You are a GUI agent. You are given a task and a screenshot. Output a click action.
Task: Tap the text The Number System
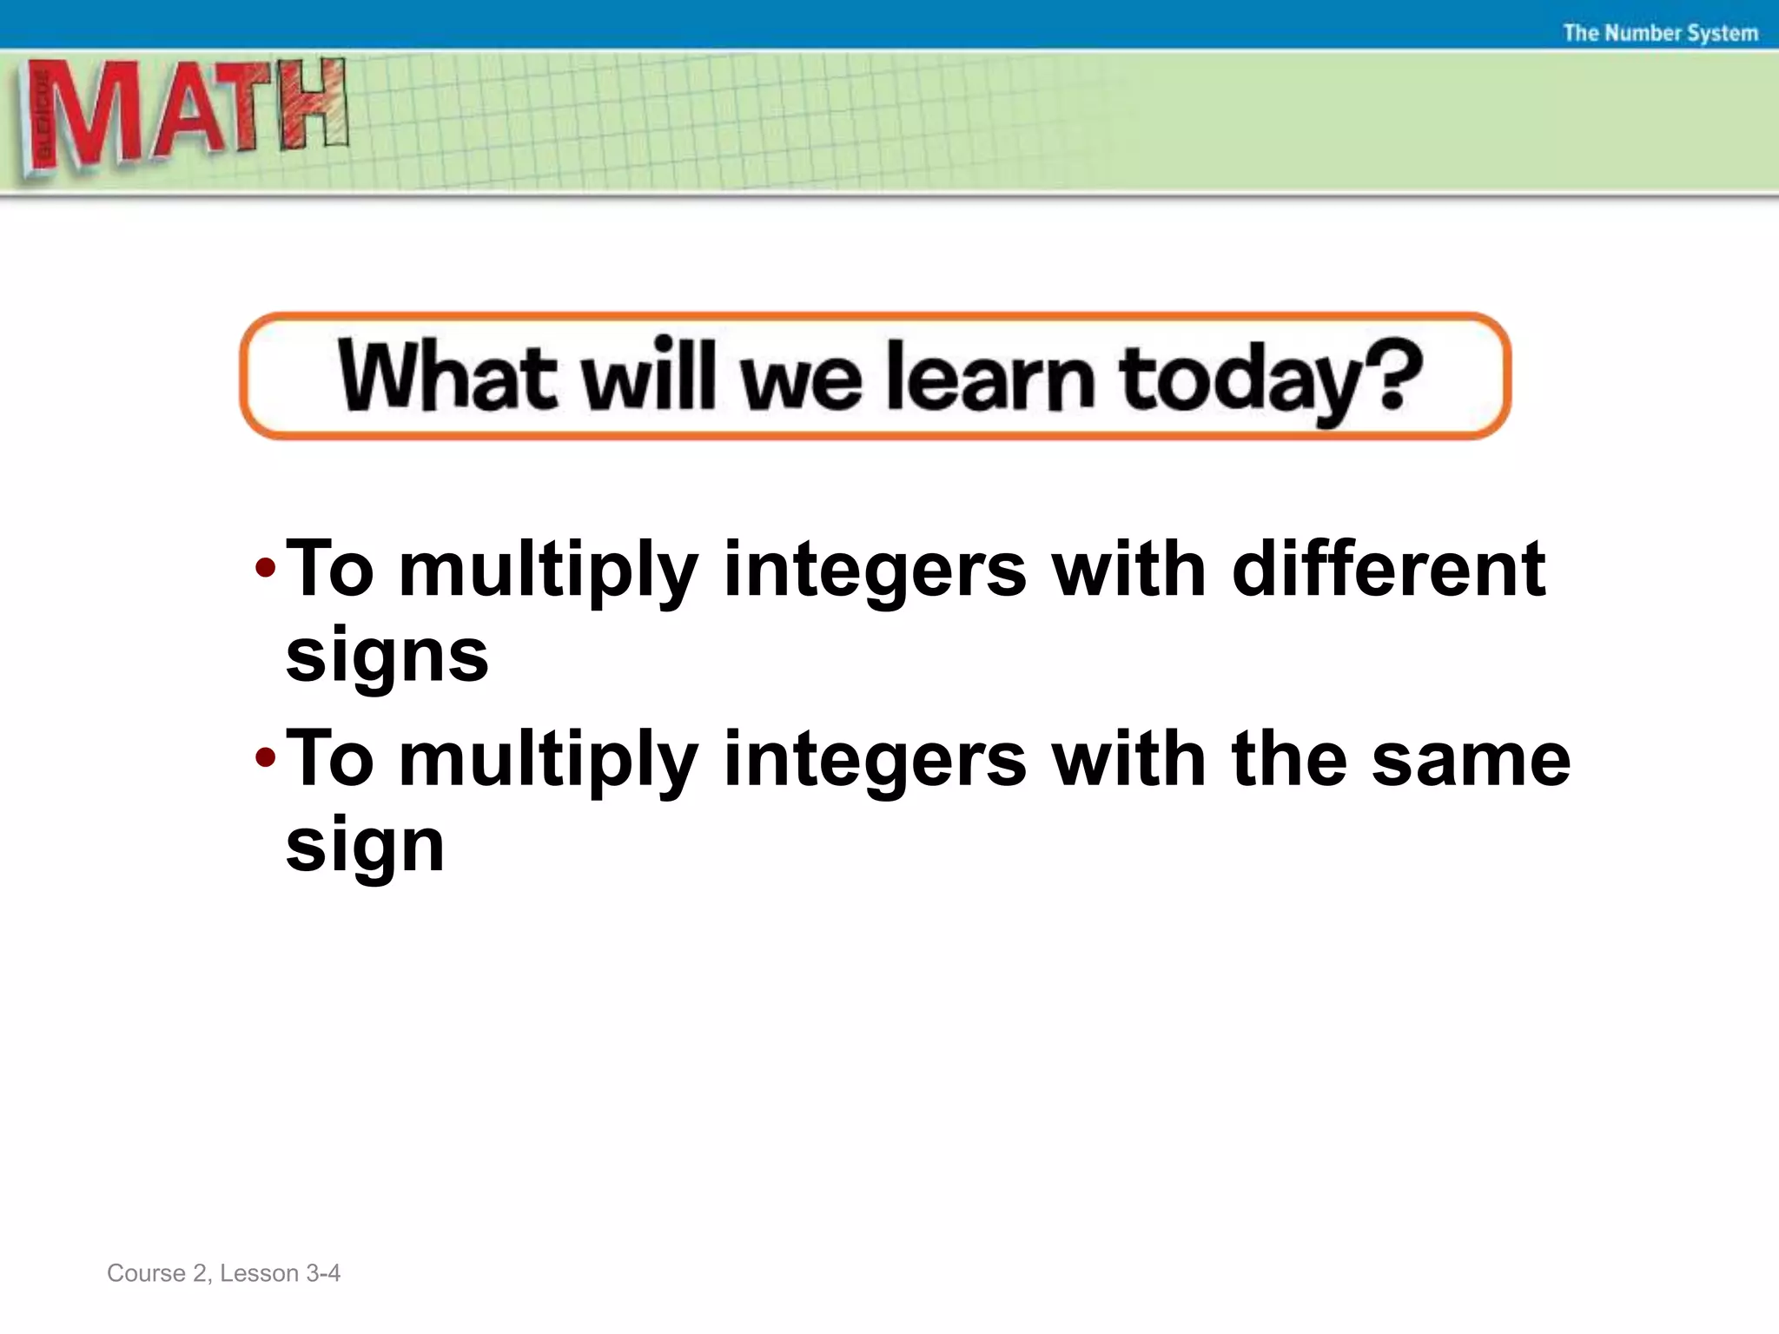[1660, 33]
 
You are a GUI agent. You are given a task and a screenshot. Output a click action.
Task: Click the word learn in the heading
[990, 377]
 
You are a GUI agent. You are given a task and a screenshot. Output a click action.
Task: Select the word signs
[387, 657]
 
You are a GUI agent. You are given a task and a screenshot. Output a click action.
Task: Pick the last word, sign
[365, 846]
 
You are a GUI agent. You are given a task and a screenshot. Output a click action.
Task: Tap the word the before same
[1289, 759]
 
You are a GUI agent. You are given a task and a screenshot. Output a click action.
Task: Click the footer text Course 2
[157, 1273]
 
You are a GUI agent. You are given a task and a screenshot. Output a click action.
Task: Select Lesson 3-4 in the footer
[280, 1273]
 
